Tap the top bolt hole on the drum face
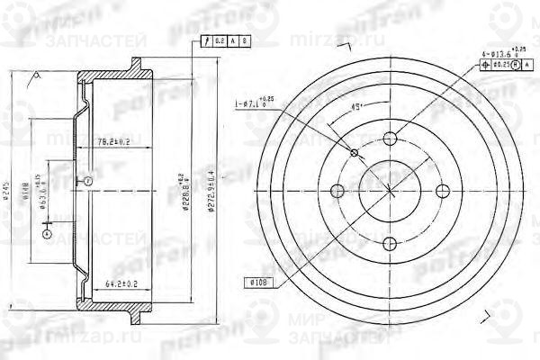coord(390,139)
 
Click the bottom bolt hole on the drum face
coord(390,242)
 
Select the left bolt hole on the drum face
coord(338,191)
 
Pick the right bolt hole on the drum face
coord(441,191)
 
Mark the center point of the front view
coord(390,191)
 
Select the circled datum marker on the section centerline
coord(88,182)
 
